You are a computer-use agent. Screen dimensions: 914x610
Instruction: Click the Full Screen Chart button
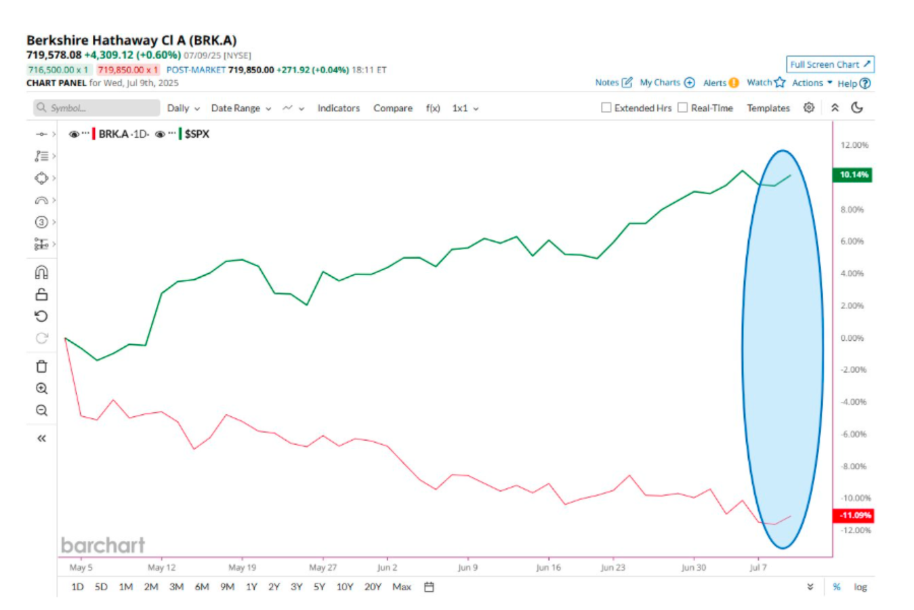[x=830, y=64]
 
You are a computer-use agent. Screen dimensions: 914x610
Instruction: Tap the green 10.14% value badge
[x=852, y=175]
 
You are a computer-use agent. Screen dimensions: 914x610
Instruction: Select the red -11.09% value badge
[x=853, y=515]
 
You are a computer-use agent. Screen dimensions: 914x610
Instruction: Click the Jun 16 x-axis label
[x=548, y=567]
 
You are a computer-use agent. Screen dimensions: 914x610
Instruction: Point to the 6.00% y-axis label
[x=852, y=241]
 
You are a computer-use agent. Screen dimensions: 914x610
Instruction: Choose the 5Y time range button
[x=319, y=587]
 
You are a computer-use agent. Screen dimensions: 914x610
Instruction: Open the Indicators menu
[x=339, y=108]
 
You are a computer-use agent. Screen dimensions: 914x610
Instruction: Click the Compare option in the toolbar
[x=393, y=108]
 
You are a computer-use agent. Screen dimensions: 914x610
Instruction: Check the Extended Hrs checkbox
[x=606, y=107]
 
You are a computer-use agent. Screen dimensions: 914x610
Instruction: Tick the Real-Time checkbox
[x=682, y=107]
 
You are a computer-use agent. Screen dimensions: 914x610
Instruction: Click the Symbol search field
[x=96, y=108]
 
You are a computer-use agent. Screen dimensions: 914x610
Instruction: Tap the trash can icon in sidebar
[x=41, y=366]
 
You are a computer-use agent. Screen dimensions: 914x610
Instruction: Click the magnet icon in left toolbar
[x=41, y=272]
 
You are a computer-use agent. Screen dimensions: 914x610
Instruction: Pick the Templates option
[x=768, y=108]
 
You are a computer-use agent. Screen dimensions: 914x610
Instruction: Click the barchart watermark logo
[x=103, y=545]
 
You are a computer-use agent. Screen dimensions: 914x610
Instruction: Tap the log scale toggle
[x=860, y=587]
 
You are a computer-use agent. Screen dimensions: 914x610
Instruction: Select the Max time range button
[x=402, y=587]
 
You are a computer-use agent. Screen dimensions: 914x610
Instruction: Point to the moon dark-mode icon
[x=857, y=108]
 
